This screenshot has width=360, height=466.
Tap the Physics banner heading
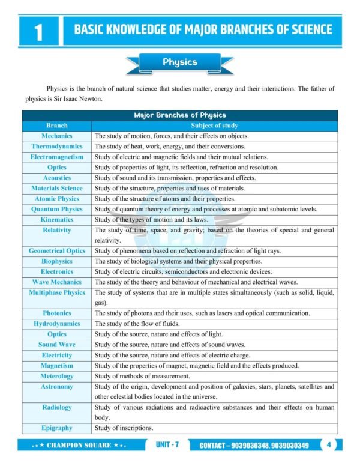tap(179, 62)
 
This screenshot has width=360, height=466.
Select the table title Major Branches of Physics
tap(179, 115)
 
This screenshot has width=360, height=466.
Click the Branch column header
tap(57, 126)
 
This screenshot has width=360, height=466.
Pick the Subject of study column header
tap(214, 126)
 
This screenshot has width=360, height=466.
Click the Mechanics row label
tap(57, 136)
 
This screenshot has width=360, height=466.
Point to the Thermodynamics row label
tap(57, 147)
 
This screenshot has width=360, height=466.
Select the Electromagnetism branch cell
tap(57, 157)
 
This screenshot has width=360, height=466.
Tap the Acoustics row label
tap(57, 178)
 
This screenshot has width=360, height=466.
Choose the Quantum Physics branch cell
tap(57, 209)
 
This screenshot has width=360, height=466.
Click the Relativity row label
tap(57, 230)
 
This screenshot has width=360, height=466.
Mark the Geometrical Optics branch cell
tap(57, 251)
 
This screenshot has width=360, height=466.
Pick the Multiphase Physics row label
tap(57, 292)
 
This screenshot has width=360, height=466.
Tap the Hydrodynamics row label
tap(57, 324)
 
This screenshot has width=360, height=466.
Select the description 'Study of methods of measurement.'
tap(142, 376)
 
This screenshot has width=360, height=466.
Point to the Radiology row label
tap(57, 407)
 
